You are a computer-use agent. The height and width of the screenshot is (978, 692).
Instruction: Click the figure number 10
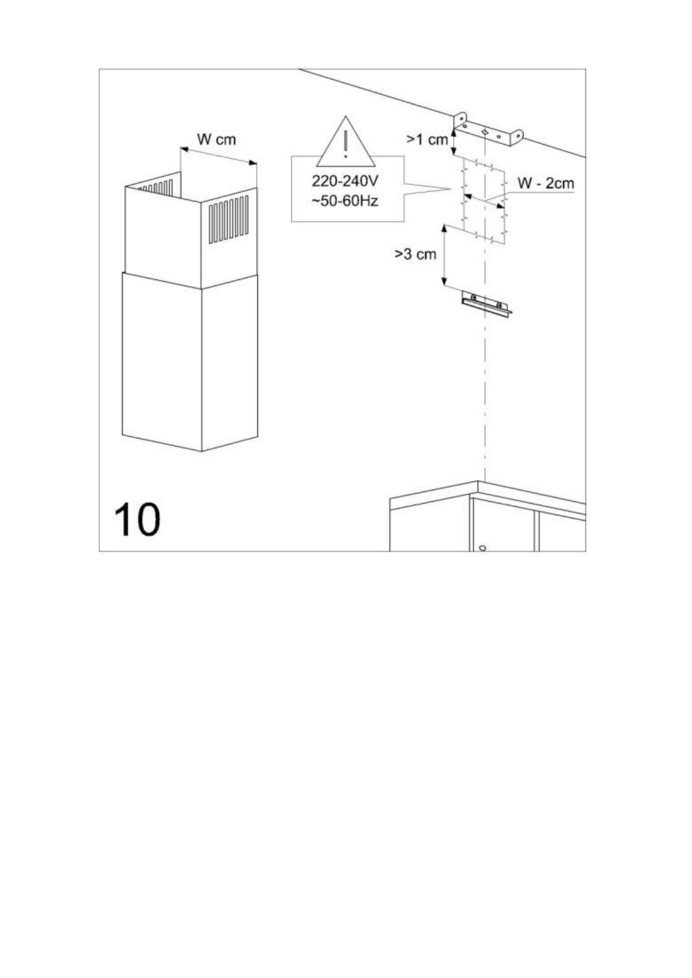(137, 519)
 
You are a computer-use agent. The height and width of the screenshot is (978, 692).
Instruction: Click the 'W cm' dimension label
(216, 140)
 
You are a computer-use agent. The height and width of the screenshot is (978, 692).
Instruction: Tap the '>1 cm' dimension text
(427, 139)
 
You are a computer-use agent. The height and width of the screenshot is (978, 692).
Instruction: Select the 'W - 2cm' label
(545, 184)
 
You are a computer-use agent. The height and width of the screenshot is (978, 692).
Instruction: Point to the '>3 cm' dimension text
(415, 254)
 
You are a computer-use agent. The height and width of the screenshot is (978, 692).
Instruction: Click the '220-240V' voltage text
(345, 181)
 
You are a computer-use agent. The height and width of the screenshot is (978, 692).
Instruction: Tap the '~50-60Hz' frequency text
(345, 201)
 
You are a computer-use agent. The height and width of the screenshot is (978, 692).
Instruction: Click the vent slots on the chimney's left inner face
(156, 188)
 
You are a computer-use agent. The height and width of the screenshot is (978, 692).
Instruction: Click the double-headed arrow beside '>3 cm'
(444, 255)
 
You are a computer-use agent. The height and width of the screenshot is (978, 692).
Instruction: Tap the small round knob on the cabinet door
(482, 548)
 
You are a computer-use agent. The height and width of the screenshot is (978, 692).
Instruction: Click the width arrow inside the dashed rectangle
(485, 202)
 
